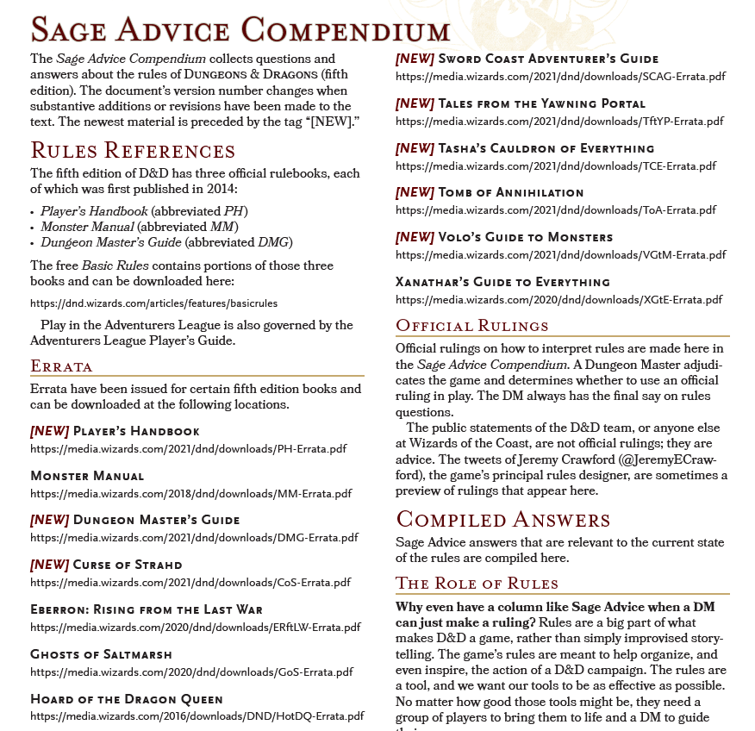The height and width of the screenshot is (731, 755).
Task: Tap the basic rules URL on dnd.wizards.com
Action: (x=153, y=303)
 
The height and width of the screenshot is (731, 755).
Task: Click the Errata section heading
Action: (x=61, y=365)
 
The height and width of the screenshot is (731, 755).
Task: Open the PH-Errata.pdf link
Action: (x=188, y=448)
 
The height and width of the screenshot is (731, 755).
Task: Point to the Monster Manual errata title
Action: (x=87, y=476)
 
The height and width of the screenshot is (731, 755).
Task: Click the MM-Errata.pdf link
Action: (x=190, y=493)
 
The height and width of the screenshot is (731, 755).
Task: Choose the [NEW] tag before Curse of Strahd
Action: (x=49, y=565)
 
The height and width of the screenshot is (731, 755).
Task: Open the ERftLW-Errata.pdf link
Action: (x=195, y=627)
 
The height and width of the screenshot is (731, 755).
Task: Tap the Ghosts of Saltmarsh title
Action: (x=101, y=654)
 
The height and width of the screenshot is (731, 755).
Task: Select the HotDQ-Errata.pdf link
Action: (x=197, y=715)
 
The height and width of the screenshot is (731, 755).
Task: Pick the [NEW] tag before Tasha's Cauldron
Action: (x=415, y=148)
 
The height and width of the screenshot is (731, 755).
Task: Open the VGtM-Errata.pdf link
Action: (x=560, y=254)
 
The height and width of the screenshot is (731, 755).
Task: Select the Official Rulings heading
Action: (x=471, y=326)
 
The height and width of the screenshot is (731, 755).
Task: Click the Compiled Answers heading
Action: (x=502, y=520)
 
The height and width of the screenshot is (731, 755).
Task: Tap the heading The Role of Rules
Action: (x=477, y=583)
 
